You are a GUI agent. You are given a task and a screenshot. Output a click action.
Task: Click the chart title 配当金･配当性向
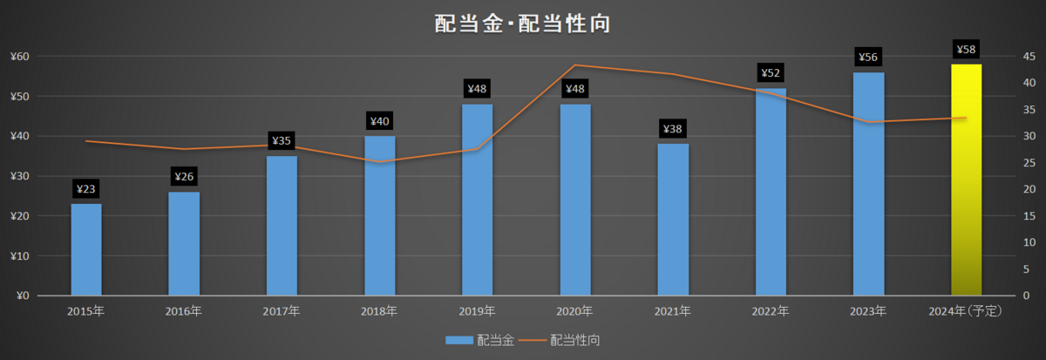(x=522, y=24)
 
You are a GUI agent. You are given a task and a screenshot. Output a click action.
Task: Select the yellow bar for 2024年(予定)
(x=966, y=180)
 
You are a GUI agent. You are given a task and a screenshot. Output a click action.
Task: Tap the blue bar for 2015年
(x=86, y=249)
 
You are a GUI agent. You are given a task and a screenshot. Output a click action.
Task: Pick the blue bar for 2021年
(x=673, y=220)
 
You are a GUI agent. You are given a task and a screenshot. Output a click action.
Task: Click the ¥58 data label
(x=966, y=50)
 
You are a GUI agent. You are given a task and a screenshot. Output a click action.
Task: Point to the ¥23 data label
(x=86, y=189)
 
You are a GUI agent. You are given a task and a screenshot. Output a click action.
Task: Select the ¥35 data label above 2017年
(x=282, y=140)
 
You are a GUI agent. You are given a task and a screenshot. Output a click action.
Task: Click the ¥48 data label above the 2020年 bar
(x=575, y=89)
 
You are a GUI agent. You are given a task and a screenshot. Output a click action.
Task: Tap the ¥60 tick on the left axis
(x=19, y=57)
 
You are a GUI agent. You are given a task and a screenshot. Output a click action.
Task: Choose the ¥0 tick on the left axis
(x=23, y=295)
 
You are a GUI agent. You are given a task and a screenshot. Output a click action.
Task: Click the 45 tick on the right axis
(x=1029, y=57)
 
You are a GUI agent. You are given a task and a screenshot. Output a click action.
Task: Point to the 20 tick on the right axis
(x=1029, y=189)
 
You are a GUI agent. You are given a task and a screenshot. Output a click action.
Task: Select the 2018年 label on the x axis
(x=378, y=311)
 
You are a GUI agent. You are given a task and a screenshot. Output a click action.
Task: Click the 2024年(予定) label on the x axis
(x=965, y=311)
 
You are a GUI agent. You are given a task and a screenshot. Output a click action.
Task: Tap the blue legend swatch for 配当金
(x=459, y=341)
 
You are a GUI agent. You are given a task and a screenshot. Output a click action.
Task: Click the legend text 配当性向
(x=574, y=340)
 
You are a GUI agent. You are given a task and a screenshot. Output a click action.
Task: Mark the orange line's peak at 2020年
(x=575, y=65)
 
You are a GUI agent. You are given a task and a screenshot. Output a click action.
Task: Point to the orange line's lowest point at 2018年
(x=379, y=162)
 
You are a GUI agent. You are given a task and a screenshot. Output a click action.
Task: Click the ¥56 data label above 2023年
(x=868, y=57)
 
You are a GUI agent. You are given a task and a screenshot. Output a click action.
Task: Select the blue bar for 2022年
(x=771, y=192)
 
